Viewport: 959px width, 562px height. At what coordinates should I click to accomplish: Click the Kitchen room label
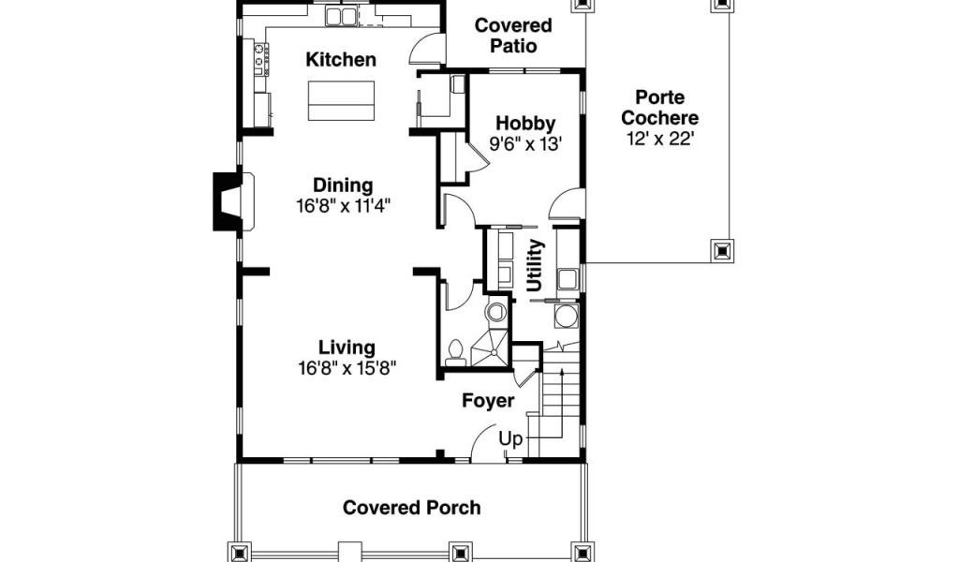point(341,60)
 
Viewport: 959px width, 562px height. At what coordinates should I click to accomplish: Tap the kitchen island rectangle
point(341,101)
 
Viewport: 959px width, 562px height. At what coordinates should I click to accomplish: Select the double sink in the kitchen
point(341,17)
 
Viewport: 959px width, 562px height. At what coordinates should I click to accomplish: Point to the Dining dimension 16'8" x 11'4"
point(343,205)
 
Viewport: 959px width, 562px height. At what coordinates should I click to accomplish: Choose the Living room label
point(347,348)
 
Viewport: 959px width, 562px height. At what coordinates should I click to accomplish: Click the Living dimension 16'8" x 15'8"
point(347,368)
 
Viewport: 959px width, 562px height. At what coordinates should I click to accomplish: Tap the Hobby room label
point(525,124)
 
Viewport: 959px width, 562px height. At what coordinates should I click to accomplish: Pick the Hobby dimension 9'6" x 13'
point(525,144)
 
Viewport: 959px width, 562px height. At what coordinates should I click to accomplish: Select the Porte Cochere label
point(659,107)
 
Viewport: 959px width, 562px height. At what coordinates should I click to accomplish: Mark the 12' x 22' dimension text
point(659,139)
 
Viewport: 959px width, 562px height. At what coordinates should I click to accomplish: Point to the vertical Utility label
point(535,265)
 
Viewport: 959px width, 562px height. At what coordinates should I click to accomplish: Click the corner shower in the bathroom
point(490,348)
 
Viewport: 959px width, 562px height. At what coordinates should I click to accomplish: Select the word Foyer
point(487,401)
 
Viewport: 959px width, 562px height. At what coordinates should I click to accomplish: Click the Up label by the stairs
point(510,439)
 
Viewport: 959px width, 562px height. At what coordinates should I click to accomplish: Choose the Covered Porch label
point(412,508)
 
